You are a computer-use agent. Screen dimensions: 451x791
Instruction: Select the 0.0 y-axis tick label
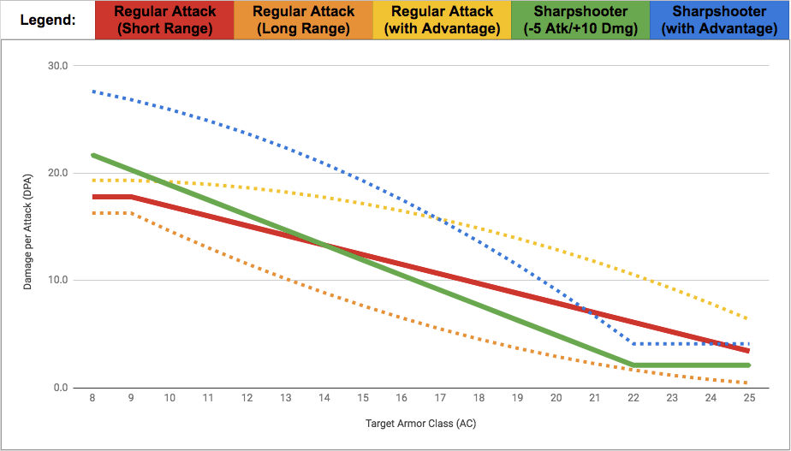click(x=61, y=388)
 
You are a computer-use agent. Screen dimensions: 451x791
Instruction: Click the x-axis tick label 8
click(x=92, y=398)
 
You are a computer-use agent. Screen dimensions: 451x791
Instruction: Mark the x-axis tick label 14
click(x=324, y=398)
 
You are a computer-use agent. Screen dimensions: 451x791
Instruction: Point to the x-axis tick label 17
click(x=440, y=398)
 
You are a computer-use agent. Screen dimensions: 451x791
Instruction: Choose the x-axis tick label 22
click(x=633, y=398)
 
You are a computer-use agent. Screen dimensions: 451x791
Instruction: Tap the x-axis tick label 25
click(x=749, y=398)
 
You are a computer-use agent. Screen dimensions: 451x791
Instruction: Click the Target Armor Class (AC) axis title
click(x=420, y=423)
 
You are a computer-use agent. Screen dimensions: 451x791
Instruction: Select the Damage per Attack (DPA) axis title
click(x=27, y=227)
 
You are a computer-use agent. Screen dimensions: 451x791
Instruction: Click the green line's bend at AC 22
click(x=633, y=365)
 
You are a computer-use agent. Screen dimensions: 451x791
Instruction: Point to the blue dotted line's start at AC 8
click(x=92, y=91)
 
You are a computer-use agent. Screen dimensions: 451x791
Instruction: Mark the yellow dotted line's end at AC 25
click(x=749, y=319)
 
